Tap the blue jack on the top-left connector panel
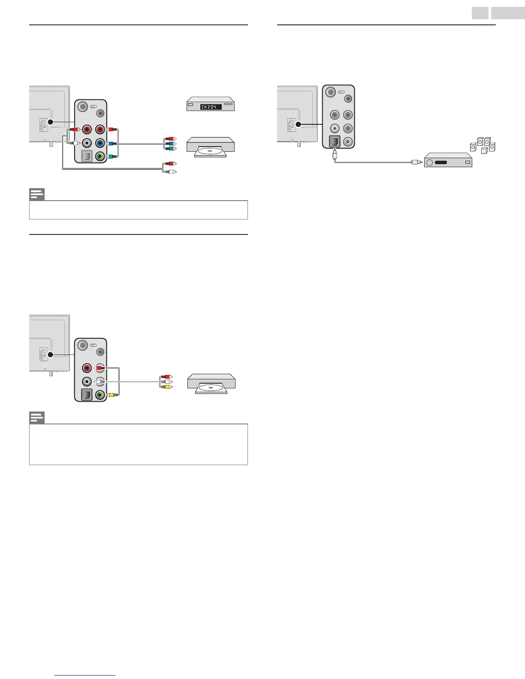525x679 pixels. point(100,143)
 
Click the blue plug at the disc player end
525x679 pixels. point(170,144)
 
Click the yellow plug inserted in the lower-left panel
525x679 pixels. point(111,395)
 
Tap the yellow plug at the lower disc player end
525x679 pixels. point(167,387)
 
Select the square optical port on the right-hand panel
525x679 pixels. point(334,141)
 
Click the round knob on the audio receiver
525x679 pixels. point(430,162)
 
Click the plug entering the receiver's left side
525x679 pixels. point(415,162)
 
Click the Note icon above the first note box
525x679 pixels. point(37,195)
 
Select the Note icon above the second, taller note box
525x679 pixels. point(37,418)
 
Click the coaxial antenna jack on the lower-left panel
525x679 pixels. point(84,344)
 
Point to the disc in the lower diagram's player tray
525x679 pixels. point(211,388)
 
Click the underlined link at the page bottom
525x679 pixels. point(85,675)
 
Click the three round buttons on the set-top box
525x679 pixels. point(228,104)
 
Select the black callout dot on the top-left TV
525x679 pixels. point(50,122)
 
